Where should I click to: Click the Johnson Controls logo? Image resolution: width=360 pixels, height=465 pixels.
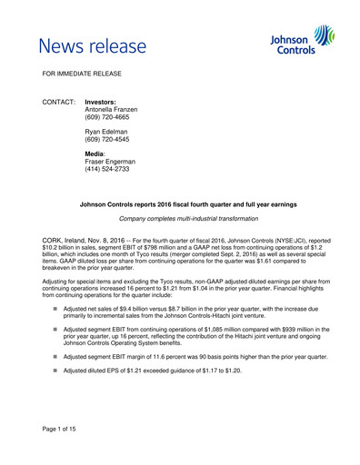pyautogui.click(x=304, y=41)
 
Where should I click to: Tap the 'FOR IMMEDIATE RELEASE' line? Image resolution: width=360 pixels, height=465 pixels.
pyautogui.click(x=84, y=72)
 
